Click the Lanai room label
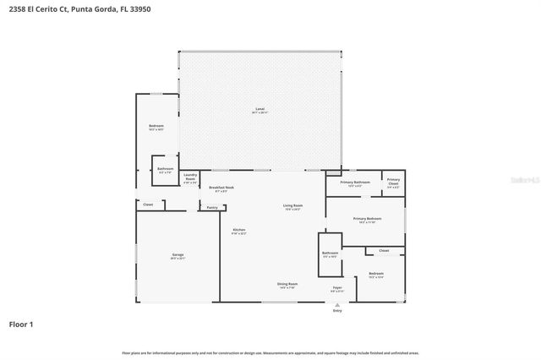point(260,110)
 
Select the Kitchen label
point(239,231)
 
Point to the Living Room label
point(293,206)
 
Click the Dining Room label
point(287,284)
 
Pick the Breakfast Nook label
point(222,188)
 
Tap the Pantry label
point(212,207)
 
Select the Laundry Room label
point(190,177)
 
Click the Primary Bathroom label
point(355,183)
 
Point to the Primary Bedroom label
point(370,220)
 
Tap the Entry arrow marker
point(337,303)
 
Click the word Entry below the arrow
point(337,311)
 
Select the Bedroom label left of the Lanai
point(156,126)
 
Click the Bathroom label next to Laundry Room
point(165,169)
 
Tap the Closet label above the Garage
point(148,205)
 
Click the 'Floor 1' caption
point(21,324)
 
